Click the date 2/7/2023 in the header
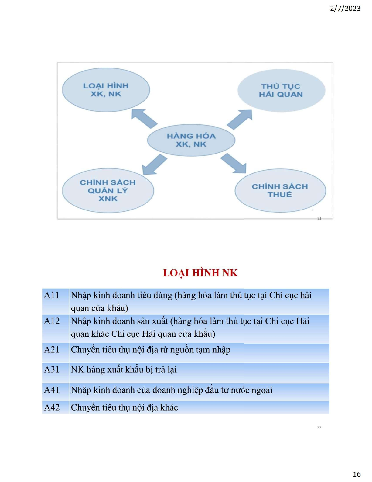click(x=345, y=9)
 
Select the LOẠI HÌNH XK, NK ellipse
click(x=106, y=90)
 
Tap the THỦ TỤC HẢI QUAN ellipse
click(x=281, y=91)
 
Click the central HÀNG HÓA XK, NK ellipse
click(x=191, y=140)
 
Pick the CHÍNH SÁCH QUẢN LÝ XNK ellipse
click(x=108, y=191)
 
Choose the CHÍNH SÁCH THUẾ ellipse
click(x=280, y=191)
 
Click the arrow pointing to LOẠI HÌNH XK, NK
click(x=144, y=119)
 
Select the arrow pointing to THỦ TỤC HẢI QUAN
click(x=240, y=119)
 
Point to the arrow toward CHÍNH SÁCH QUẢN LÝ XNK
click(x=154, y=165)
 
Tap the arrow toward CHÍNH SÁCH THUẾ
click(x=233, y=163)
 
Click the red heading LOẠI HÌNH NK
click(x=200, y=273)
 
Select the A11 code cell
click(x=56, y=301)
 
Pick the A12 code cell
click(x=56, y=329)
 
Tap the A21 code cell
click(x=56, y=353)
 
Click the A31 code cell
click(x=56, y=373)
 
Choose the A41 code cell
click(x=56, y=392)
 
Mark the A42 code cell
click(x=56, y=407)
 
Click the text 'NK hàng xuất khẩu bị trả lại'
click(x=124, y=369)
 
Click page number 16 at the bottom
click(x=357, y=474)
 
